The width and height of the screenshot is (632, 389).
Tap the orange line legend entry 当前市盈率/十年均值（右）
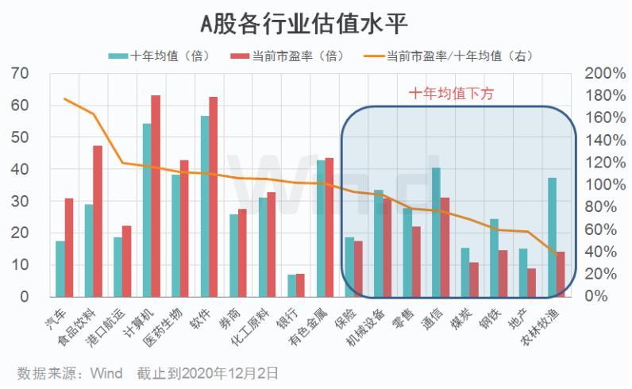point(449,56)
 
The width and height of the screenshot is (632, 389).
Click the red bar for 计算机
point(156,196)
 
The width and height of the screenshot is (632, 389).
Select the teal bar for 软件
point(205,206)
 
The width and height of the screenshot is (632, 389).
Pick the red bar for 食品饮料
point(98,221)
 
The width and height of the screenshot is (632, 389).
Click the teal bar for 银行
point(291,285)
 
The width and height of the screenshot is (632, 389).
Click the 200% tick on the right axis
point(605,73)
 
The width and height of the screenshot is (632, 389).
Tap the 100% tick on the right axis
point(605,184)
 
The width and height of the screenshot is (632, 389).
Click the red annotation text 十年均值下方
point(451,94)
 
